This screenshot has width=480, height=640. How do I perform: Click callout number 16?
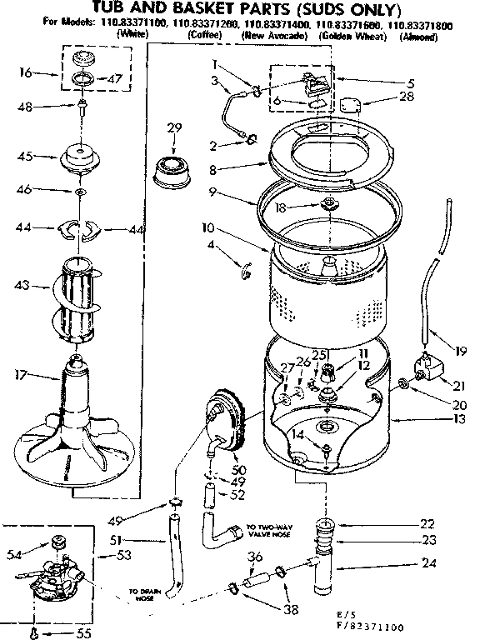[25, 73]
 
